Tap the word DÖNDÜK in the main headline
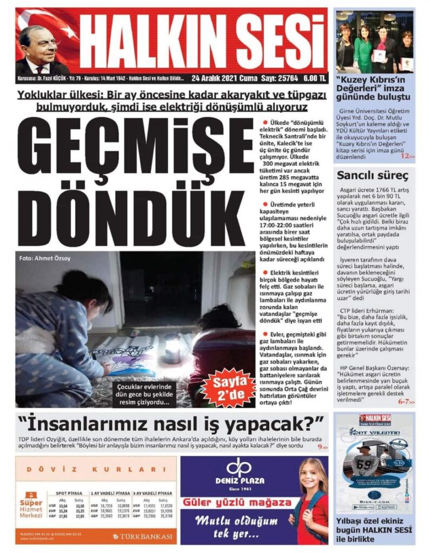(135, 211)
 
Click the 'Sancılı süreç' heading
(364, 175)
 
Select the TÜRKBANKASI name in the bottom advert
(147, 536)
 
